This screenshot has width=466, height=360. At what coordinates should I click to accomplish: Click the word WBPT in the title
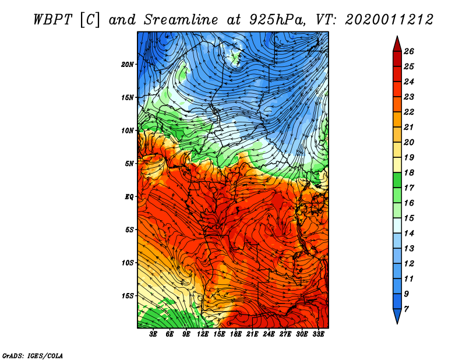pos(51,19)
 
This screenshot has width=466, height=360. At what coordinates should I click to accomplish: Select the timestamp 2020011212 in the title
pos(389,19)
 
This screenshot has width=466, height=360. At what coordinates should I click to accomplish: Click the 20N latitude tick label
pos(128,64)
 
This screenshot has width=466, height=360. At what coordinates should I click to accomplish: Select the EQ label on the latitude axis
pos(130,196)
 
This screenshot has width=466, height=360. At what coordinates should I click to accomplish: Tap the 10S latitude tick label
pos(128,263)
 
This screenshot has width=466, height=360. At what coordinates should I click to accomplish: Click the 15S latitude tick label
pos(128,296)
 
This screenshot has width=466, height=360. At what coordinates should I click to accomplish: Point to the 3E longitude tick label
pos(154,334)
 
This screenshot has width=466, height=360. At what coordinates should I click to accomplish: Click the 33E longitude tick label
pos(318,334)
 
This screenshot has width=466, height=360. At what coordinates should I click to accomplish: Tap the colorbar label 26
pos(409,51)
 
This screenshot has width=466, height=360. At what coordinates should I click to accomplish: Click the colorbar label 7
pos(407,308)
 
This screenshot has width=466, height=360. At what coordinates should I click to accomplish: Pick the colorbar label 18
pos(409,172)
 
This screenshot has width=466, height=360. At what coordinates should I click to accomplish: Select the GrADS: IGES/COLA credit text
pos(32,355)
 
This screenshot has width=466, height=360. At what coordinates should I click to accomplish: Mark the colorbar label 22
pos(409,112)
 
